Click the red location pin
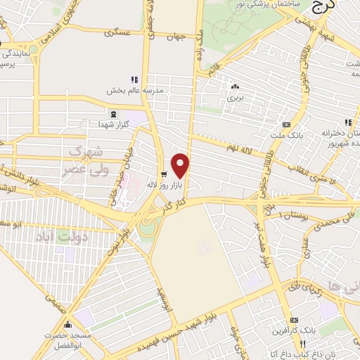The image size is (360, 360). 181,165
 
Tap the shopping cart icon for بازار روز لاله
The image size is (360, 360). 164,174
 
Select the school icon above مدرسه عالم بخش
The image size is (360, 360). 134,79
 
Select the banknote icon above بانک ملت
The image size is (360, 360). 285,122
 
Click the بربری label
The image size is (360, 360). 233,98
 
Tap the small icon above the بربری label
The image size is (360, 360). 234,87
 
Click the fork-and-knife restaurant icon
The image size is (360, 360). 303,344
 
